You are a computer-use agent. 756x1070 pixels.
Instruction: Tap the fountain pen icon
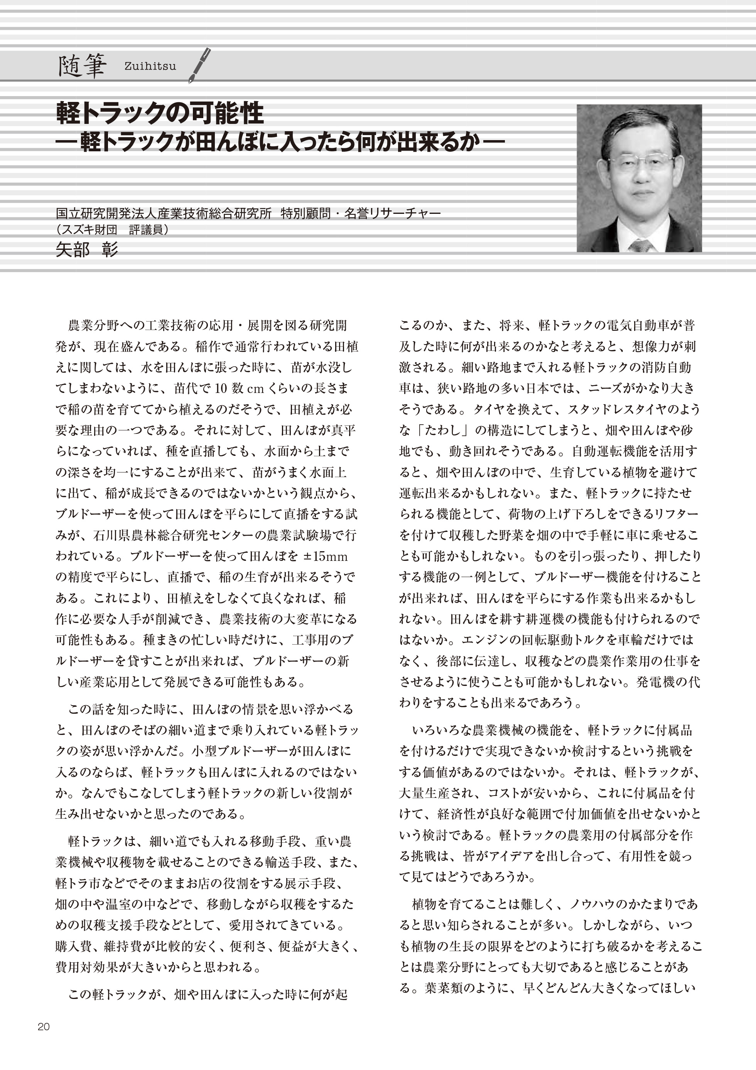click(199, 65)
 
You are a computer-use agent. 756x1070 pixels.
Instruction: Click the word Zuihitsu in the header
click(150, 66)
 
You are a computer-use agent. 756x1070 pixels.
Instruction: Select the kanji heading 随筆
click(82, 66)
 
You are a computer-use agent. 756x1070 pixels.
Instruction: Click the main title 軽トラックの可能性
click(160, 113)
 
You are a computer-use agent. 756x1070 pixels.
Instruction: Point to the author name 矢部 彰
click(87, 250)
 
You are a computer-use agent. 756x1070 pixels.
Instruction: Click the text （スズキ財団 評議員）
click(112, 230)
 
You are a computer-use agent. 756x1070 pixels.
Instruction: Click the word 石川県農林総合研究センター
click(175, 535)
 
